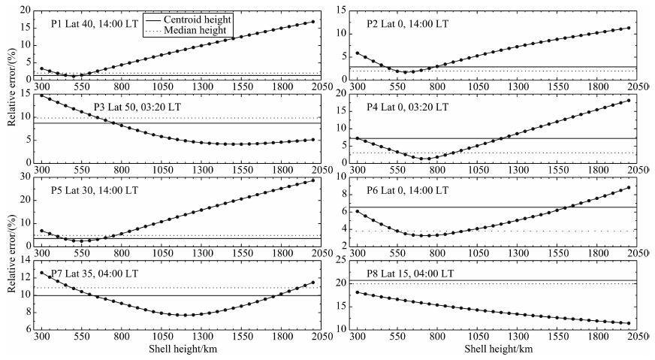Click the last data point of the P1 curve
coord(312,22)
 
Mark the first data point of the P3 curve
coord(41,95)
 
